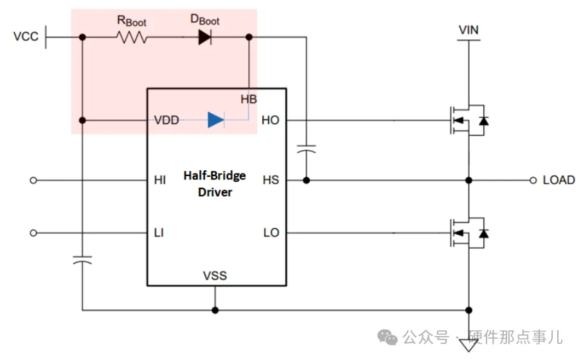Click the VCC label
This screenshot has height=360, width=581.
[26, 37]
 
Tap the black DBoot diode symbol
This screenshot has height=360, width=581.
[204, 37]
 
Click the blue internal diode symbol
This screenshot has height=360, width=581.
[215, 120]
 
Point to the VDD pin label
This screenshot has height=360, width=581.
[166, 120]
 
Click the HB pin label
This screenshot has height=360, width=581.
[249, 99]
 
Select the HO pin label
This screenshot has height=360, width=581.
[271, 120]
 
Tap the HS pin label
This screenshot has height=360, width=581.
[271, 180]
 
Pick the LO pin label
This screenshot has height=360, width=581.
[271, 232]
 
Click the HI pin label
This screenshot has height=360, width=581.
[159, 180]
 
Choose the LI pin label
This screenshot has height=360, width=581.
[159, 232]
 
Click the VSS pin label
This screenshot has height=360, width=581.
[215, 276]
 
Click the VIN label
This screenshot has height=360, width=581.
[469, 30]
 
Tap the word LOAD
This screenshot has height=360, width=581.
[559, 180]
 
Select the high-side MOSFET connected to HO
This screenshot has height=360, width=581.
[467, 120]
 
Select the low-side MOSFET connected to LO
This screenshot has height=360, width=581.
[467, 232]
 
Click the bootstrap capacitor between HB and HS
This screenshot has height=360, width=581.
[307, 150]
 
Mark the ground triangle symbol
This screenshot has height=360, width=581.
[469, 345]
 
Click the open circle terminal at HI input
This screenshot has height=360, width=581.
[34, 181]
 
